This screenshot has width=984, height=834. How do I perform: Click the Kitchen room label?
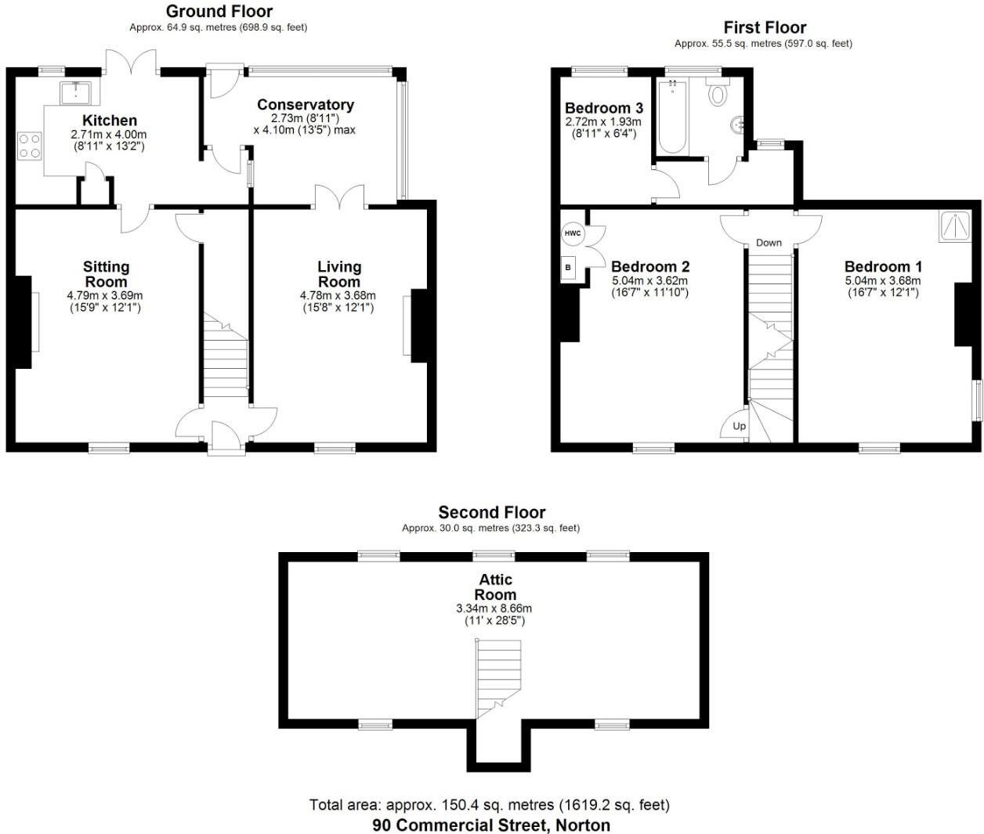110,121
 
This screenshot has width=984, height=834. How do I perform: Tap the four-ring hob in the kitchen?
30,145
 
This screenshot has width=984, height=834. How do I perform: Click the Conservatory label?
306,105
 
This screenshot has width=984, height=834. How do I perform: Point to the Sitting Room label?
106,274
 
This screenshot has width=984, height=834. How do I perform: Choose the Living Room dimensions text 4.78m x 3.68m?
338,296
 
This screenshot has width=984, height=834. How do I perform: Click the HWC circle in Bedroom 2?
573,233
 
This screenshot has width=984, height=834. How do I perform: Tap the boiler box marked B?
568,267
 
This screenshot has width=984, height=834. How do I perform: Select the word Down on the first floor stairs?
769,243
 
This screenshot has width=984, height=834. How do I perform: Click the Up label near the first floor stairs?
739,427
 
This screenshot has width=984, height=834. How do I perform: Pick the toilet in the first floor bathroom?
717,94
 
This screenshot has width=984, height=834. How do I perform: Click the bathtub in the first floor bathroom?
672,117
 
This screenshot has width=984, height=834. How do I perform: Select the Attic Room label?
496,587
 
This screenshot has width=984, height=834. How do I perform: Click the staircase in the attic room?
498,677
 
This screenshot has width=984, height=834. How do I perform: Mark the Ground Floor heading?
219,11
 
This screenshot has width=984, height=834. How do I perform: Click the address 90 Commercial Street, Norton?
491,825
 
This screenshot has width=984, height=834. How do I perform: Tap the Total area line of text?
490,805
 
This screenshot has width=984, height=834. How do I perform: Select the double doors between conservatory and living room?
340,196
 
